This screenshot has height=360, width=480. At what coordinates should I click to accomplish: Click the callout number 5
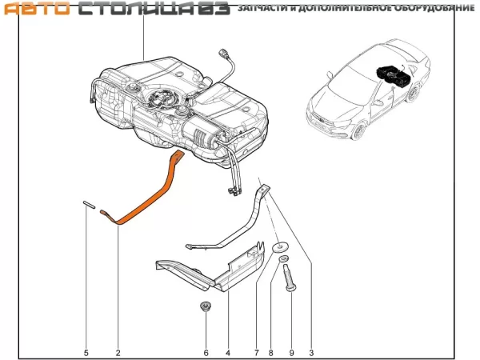pyautogui.click(x=86, y=353)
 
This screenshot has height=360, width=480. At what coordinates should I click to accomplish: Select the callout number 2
pyautogui.click(x=118, y=353)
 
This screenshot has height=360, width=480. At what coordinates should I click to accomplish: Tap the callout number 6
pyautogui.click(x=206, y=353)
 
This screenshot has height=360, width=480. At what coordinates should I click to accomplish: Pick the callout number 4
pyautogui.click(x=228, y=353)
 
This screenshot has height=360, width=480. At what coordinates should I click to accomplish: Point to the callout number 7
pyautogui.click(x=256, y=353)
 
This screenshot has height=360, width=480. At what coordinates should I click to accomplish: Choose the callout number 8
pyautogui.click(x=271, y=353)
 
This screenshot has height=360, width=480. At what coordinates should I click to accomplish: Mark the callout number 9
pyautogui.click(x=291, y=353)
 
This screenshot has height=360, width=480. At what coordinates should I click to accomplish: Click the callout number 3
pyautogui.click(x=311, y=353)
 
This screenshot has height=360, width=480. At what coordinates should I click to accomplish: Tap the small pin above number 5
pyautogui.click(x=86, y=204)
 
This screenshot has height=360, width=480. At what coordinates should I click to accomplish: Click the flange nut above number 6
pyautogui.click(x=206, y=306)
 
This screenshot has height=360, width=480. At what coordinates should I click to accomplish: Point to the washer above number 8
pyautogui.click(x=281, y=249)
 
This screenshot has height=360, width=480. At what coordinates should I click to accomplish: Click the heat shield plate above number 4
pyautogui.click(x=216, y=271)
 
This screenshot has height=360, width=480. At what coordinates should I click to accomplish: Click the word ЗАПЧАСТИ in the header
pyautogui.click(x=264, y=9)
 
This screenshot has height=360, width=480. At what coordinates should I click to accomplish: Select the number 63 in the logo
pyautogui.click(x=214, y=9)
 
